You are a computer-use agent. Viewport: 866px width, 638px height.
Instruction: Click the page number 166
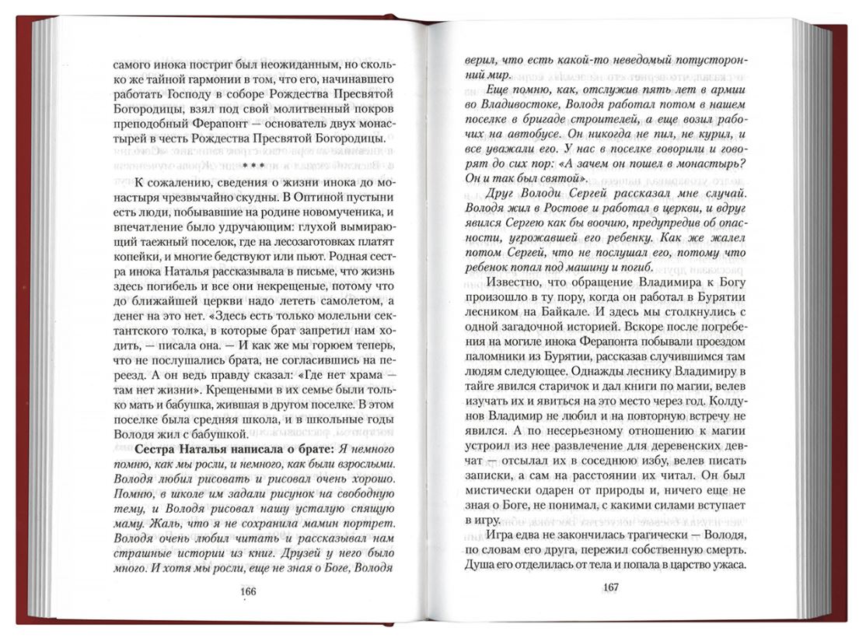click(248, 591)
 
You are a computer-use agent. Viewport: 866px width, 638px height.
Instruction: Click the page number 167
click(610, 587)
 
